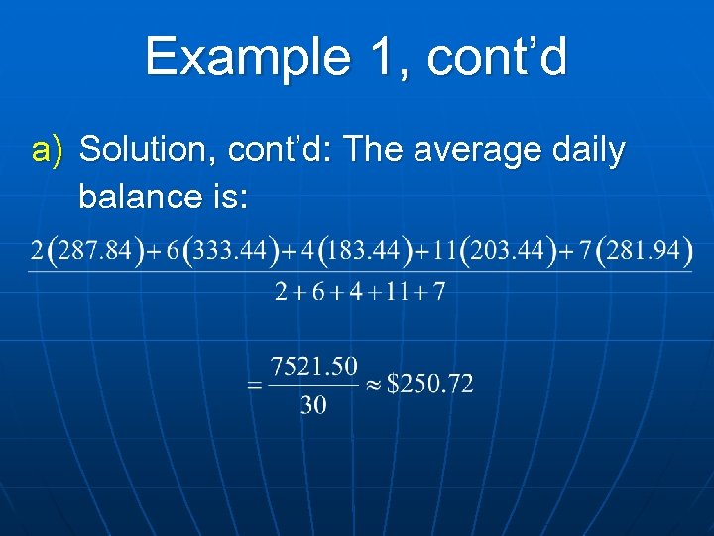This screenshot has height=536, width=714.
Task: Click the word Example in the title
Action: tap(243, 57)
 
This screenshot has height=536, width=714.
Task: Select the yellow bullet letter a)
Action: tap(48, 151)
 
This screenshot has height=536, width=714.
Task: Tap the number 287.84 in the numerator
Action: tap(94, 252)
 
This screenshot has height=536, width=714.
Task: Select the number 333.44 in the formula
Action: tap(229, 252)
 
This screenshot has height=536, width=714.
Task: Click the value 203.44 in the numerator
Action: tap(510, 252)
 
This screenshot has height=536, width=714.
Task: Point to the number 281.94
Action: tap(644, 252)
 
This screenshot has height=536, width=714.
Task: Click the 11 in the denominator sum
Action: tap(390, 293)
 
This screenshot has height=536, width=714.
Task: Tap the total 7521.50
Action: tap(313, 367)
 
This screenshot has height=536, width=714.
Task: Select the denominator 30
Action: tap(313, 405)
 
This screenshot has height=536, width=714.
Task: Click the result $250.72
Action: tap(429, 384)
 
